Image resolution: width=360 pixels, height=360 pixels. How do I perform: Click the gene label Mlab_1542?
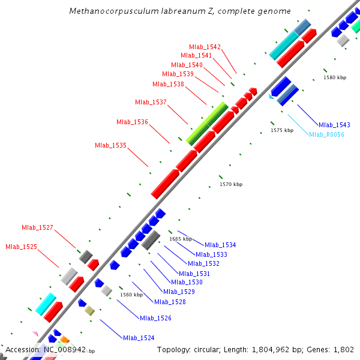point(205,47)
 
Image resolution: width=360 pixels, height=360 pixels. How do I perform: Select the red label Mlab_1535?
point(110,145)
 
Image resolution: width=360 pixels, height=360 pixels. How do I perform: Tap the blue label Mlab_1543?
point(334,125)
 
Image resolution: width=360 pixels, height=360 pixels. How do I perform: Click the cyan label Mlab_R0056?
point(326,134)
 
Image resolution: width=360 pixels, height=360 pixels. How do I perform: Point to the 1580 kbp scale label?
point(335,77)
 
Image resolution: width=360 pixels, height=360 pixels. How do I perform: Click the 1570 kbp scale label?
point(231,184)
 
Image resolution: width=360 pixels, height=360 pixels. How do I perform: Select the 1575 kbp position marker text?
point(282,130)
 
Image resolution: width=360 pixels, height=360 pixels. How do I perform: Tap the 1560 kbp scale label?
point(131,295)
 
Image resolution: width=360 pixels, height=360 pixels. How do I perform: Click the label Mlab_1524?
point(139,338)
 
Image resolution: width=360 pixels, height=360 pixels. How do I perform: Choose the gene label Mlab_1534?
point(220,245)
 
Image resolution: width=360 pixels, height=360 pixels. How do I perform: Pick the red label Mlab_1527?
point(37,227)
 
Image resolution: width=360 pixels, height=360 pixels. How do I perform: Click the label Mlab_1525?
point(21,247)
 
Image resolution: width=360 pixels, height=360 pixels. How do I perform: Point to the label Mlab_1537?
point(151,102)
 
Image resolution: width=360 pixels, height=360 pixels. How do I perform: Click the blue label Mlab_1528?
point(170,302)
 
